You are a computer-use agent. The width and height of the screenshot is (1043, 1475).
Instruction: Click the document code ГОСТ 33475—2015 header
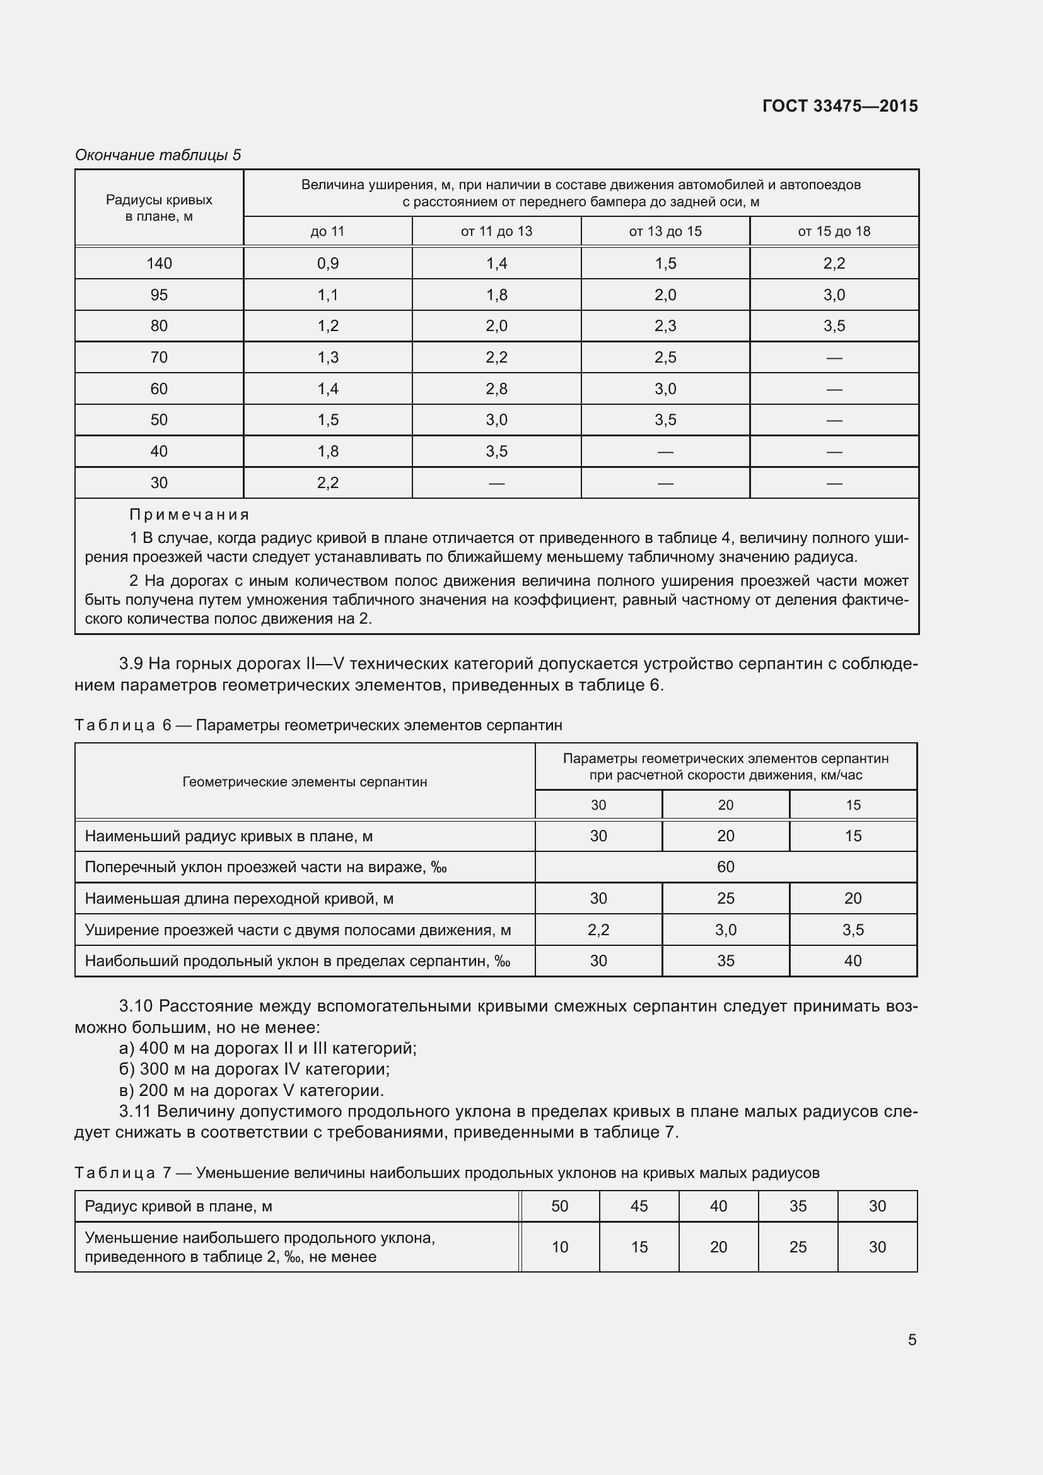click(839, 106)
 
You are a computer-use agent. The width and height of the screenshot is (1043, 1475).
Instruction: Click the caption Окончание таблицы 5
click(158, 155)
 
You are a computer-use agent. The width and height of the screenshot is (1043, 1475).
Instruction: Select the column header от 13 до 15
click(665, 231)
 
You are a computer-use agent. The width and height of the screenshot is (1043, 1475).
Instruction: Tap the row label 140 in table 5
click(159, 264)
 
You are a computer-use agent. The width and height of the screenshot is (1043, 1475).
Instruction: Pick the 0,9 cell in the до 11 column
click(327, 264)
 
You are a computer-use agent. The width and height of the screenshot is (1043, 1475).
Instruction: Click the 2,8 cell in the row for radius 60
click(496, 388)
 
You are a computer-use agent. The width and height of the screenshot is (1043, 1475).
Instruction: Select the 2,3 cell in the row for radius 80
click(665, 325)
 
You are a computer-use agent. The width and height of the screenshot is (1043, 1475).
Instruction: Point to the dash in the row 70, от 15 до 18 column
click(834, 358)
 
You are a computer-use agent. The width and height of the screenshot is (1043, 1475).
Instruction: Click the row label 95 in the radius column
click(159, 295)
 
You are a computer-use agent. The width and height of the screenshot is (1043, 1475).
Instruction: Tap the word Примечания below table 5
click(189, 515)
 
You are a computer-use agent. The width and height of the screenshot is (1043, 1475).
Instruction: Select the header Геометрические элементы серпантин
click(305, 782)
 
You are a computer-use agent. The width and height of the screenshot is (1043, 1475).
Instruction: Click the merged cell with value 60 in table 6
click(725, 866)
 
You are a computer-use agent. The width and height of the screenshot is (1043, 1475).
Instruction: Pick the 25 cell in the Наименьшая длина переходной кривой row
click(725, 898)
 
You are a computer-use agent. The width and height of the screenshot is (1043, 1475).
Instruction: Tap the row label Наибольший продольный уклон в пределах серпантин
click(298, 961)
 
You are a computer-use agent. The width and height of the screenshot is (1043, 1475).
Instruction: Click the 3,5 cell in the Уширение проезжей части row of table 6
click(853, 930)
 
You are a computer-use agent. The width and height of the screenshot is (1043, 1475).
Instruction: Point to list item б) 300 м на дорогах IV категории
click(254, 1069)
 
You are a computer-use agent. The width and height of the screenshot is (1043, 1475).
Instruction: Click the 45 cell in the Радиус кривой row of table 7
click(638, 1206)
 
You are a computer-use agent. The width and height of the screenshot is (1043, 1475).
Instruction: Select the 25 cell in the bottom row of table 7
click(797, 1247)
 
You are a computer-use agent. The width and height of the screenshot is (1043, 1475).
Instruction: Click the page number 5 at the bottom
click(911, 1339)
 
